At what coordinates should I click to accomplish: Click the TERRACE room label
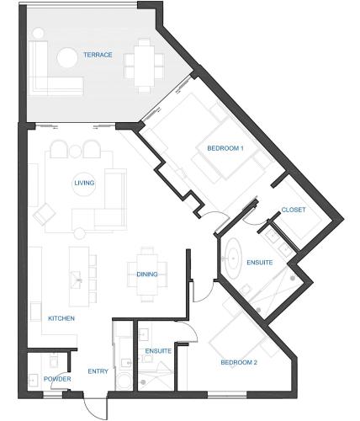tap(98, 55)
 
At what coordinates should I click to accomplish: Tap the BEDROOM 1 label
tap(225, 148)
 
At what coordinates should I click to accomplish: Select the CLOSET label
tap(294, 210)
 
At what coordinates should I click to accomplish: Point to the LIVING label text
tap(84, 183)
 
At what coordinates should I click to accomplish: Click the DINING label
tap(147, 274)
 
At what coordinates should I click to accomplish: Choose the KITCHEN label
tap(61, 318)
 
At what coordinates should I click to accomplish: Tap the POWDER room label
tap(57, 379)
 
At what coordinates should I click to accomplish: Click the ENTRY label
tap(98, 371)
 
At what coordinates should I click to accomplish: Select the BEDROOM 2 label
tap(239, 362)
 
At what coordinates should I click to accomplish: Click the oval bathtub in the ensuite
tap(233, 258)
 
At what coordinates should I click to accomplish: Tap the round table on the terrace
tap(67, 58)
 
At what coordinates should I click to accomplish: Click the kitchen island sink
tap(76, 280)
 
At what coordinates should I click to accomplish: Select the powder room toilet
tap(54, 361)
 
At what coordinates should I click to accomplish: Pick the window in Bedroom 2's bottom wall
tap(227, 395)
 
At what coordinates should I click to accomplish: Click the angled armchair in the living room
tap(45, 215)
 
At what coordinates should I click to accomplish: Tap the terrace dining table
tap(144, 66)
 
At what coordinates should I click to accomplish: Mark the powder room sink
tap(34, 381)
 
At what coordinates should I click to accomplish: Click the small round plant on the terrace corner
tap(38, 34)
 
